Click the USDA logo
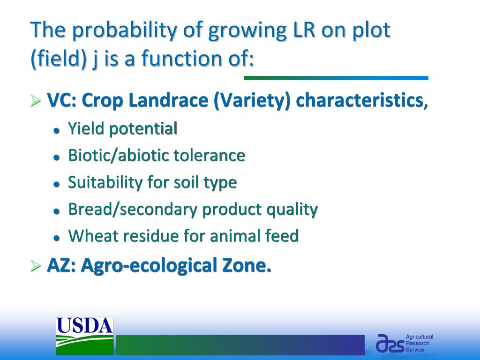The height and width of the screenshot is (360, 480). pos(84,336)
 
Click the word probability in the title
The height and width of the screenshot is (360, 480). pos(125,30)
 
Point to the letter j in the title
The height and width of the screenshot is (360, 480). pos(95,59)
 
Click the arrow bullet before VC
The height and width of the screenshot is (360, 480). pos(36,101)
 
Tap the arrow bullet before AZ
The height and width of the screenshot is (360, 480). pos(36,266)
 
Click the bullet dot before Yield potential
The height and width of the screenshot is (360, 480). pos(56,130)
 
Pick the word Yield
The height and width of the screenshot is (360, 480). pos(86,128)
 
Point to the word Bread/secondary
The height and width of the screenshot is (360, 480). pos(133,210)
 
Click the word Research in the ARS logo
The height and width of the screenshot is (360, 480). pos(417,343)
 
